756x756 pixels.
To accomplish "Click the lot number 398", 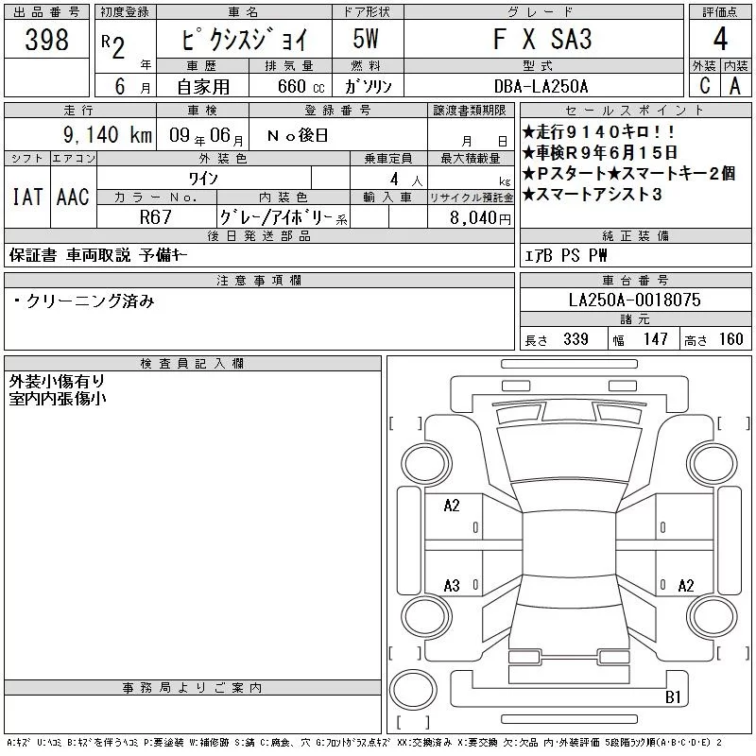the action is pos(46,39).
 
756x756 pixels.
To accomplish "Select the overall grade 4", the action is pos(720,39).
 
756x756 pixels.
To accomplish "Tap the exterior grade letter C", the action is pos(705,86).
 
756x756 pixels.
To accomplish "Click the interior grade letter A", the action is pos(735,86).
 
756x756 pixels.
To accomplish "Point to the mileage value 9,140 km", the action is pos(108,134).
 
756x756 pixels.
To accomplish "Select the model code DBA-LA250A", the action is pos(541,86).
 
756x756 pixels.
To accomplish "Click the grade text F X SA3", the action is pos(542,39).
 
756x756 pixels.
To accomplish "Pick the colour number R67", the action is pos(156,217).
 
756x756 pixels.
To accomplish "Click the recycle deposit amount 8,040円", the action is pos(480,218).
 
